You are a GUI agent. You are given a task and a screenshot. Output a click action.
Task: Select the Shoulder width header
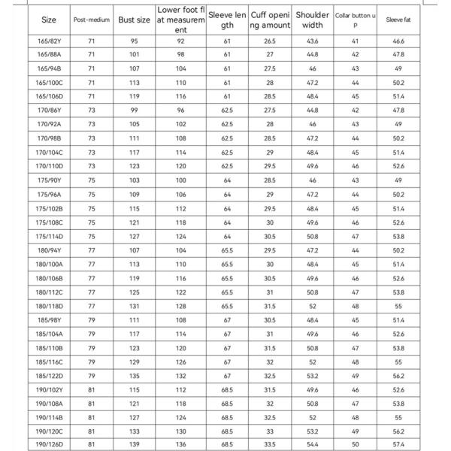point(312,20)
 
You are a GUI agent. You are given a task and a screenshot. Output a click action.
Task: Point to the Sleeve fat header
point(398,20)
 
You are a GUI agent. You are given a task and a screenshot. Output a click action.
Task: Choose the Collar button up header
point(355,20)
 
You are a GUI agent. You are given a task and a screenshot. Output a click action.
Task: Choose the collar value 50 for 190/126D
point(355,444)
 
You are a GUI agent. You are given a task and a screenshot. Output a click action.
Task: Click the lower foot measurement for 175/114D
point(180,236)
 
